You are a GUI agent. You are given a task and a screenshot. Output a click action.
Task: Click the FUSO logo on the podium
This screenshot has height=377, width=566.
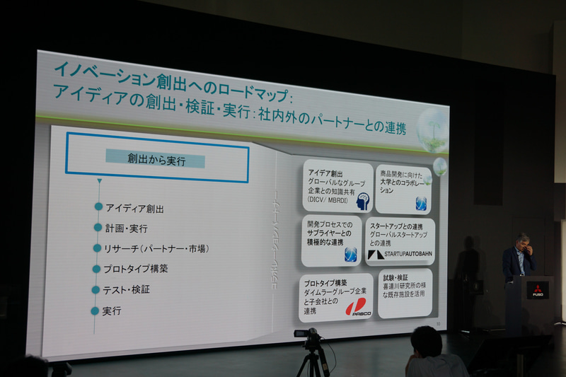537,289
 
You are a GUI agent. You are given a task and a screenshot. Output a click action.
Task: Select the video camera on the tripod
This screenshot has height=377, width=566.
308,335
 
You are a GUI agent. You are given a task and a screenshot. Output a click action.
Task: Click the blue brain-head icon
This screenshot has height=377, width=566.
363,202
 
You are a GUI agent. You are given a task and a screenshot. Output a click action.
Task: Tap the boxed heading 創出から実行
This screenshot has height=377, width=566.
156,161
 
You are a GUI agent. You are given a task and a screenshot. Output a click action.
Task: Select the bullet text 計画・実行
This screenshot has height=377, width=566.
126,228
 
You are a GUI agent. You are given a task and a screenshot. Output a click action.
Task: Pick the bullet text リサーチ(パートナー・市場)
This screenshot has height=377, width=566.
156,249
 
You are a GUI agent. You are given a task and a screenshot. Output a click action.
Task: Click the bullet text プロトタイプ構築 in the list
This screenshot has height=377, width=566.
137,269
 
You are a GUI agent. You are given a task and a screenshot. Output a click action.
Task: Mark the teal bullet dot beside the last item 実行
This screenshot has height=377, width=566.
95,311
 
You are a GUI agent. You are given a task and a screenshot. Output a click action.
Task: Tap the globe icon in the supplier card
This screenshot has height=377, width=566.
350,254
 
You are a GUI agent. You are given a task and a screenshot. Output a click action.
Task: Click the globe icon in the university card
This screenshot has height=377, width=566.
421,203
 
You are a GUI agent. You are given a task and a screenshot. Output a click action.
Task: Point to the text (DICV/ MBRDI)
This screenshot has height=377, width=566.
330,199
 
